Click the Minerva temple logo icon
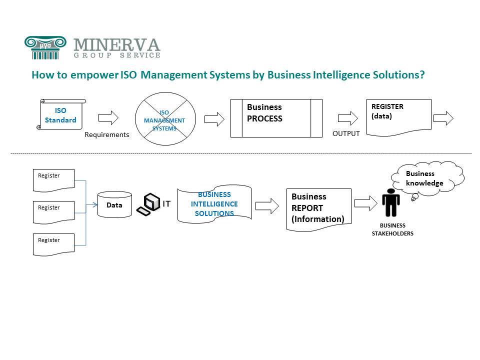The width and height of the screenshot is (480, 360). pos(45,47)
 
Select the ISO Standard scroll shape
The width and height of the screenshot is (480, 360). pos(61,115)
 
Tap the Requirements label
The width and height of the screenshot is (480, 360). pos(107,134)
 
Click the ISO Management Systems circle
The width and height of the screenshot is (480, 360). pos(164,120)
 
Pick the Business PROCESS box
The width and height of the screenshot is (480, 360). pos(276,118)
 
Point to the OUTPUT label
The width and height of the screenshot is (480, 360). pos(346,133)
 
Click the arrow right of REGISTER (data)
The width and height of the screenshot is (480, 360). pos(443,118)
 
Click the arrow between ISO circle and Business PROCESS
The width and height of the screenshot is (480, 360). pos(214,118)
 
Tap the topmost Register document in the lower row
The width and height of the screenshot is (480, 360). pos(53,180)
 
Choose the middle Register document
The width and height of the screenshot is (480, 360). pos(53,212)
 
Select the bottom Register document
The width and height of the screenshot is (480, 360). pos(53,244)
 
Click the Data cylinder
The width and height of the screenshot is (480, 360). pos(114,204)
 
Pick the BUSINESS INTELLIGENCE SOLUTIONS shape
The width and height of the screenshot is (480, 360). pos(214,204)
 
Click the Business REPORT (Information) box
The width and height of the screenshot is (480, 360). pos(319,208)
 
